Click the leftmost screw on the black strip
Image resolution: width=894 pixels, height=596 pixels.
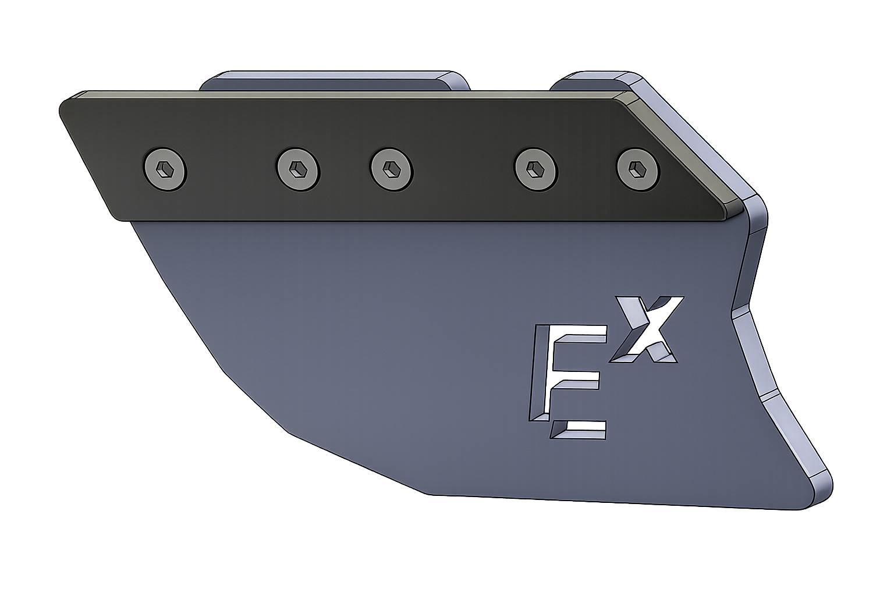165,169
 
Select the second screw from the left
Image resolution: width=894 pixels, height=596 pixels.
297,169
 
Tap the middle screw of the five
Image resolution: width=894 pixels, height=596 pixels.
392,169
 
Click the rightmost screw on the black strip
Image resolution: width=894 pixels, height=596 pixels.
638,169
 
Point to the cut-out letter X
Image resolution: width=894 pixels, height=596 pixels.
649,329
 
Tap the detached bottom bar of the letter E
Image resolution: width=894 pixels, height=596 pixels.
579,431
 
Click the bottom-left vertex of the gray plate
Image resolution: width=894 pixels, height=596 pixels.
431,495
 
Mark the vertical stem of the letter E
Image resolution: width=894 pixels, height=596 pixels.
540,372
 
